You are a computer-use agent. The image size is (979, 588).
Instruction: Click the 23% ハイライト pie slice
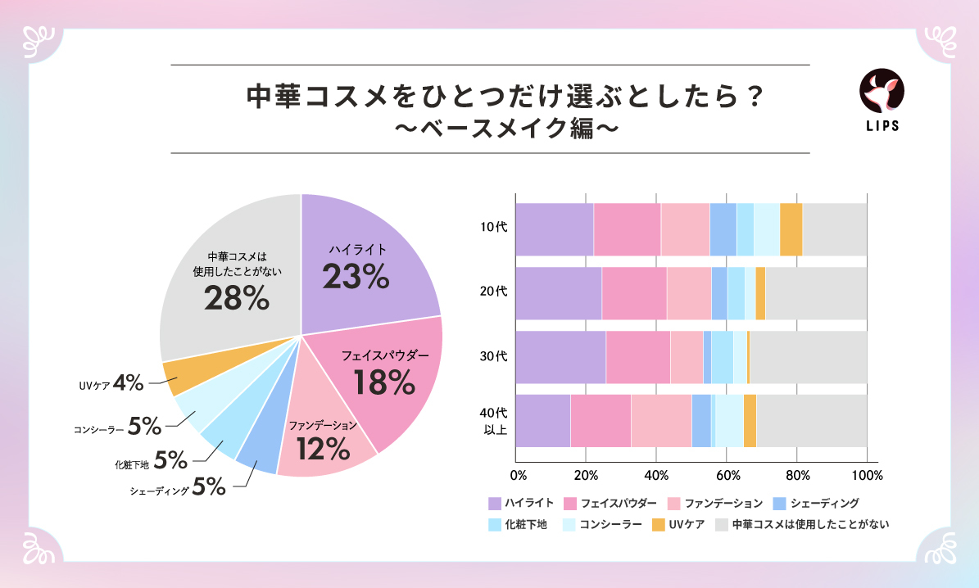360,262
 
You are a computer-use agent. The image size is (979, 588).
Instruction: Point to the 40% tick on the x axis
656,476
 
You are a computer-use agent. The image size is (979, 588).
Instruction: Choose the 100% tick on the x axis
866,476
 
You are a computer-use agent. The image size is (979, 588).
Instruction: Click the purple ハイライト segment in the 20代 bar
558,292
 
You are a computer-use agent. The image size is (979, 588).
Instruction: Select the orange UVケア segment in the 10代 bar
791,228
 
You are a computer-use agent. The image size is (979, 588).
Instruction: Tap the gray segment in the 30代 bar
808,356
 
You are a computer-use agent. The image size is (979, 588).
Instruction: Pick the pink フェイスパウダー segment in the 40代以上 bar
600,420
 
